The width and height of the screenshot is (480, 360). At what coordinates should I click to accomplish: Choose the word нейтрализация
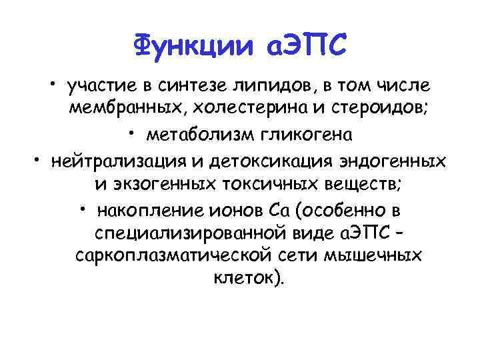click(x=125, y=162)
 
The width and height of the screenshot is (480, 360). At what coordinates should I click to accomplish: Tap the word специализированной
click(x=185, y=235)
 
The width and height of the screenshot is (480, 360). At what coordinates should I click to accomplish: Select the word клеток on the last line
click(x=241, y=278)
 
